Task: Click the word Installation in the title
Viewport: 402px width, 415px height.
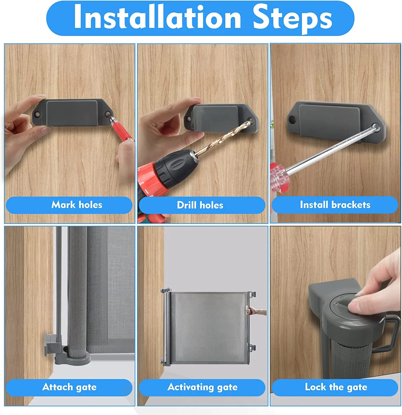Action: (x=157, y=17)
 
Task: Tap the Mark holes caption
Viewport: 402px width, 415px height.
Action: (x=77, y=205)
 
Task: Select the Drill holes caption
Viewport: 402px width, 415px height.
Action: (x=200, y=205)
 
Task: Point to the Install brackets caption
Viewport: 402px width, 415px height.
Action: (x=335, y=205)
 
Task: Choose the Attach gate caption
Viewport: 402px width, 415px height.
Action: (x=69, y=387)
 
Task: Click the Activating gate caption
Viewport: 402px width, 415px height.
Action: (x=203, y=387)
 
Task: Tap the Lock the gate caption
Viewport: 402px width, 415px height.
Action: (x=336, y=387)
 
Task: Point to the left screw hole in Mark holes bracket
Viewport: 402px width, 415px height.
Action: (x=37, y=114)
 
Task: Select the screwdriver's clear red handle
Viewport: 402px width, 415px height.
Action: (x=279, y=177)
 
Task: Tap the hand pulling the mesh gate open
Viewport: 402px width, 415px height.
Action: (x=256, y=312)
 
